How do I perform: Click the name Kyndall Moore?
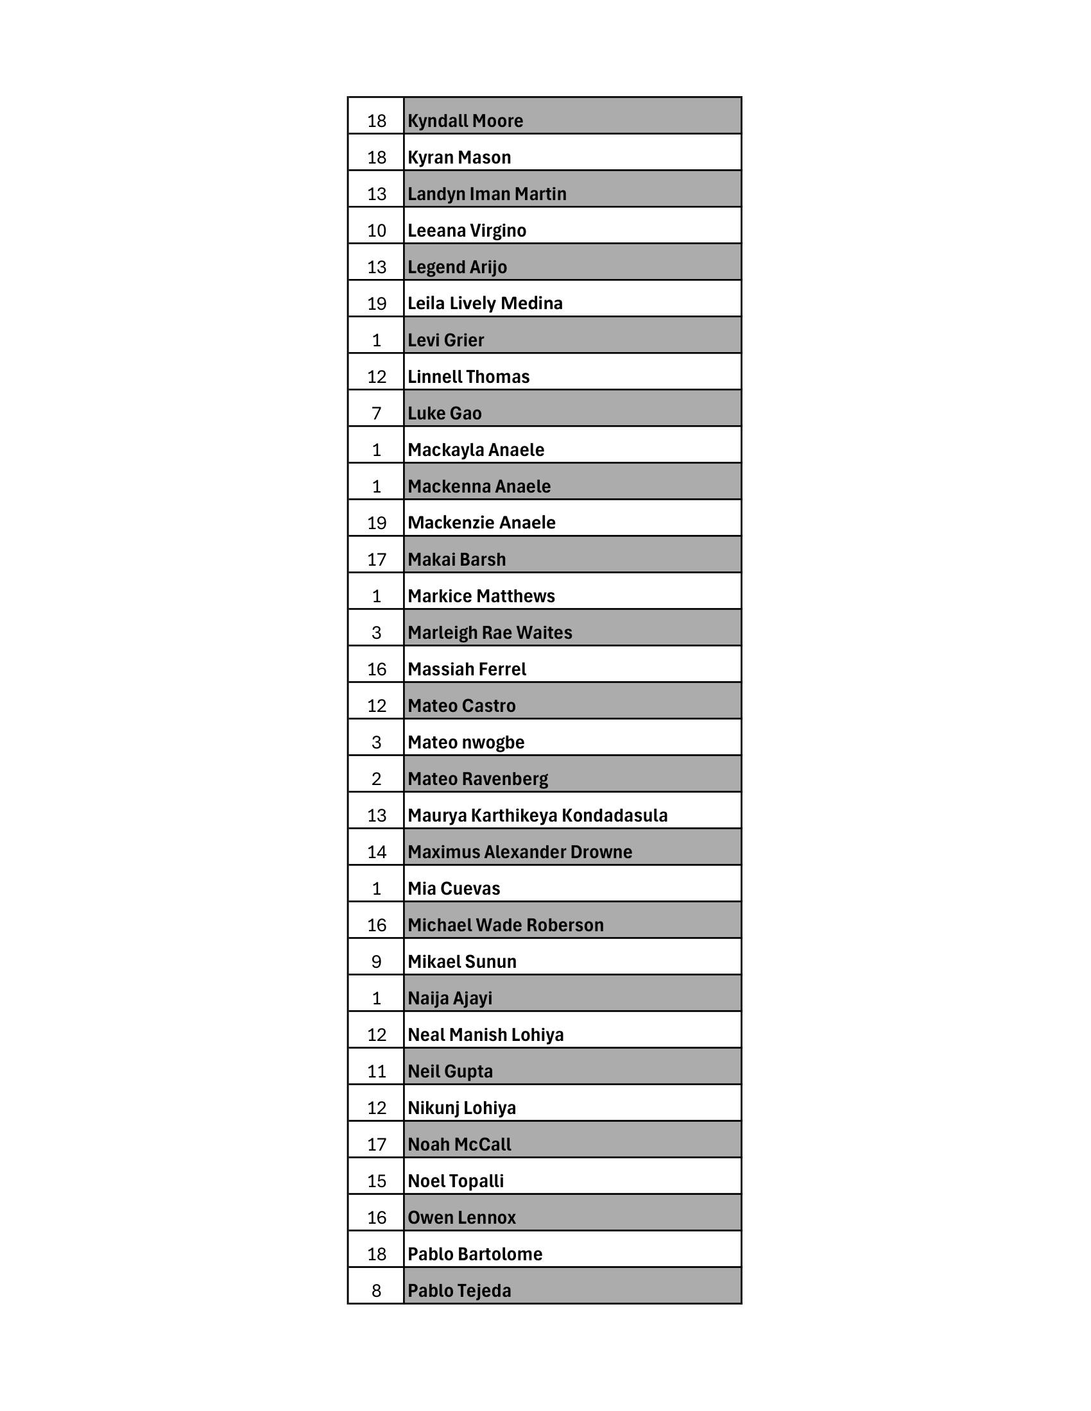465,121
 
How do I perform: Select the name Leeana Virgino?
467,231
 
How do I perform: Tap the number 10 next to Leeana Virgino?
377,231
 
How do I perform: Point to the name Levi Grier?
445,340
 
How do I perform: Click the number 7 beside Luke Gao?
377,414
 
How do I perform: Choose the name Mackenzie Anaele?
481,523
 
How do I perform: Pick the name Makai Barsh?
456,559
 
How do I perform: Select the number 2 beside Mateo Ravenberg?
377,779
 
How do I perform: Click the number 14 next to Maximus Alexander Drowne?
377,852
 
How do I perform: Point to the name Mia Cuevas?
454,888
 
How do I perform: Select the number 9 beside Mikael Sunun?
377,962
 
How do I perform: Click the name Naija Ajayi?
450,998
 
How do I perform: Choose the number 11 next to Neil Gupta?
377,1072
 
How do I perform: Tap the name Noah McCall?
459,1145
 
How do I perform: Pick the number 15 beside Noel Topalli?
377,1181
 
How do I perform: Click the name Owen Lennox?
461,1218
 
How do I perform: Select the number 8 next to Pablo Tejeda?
377,1291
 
